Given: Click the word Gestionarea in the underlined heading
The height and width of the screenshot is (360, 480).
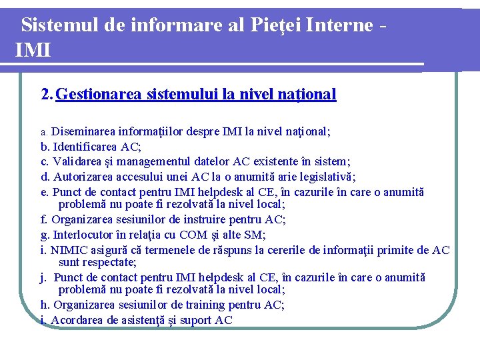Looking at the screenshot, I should coord(99,94).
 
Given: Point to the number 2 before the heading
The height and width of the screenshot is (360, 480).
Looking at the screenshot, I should coord(45,94).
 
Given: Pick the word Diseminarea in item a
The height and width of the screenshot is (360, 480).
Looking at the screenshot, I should coord(83,131).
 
